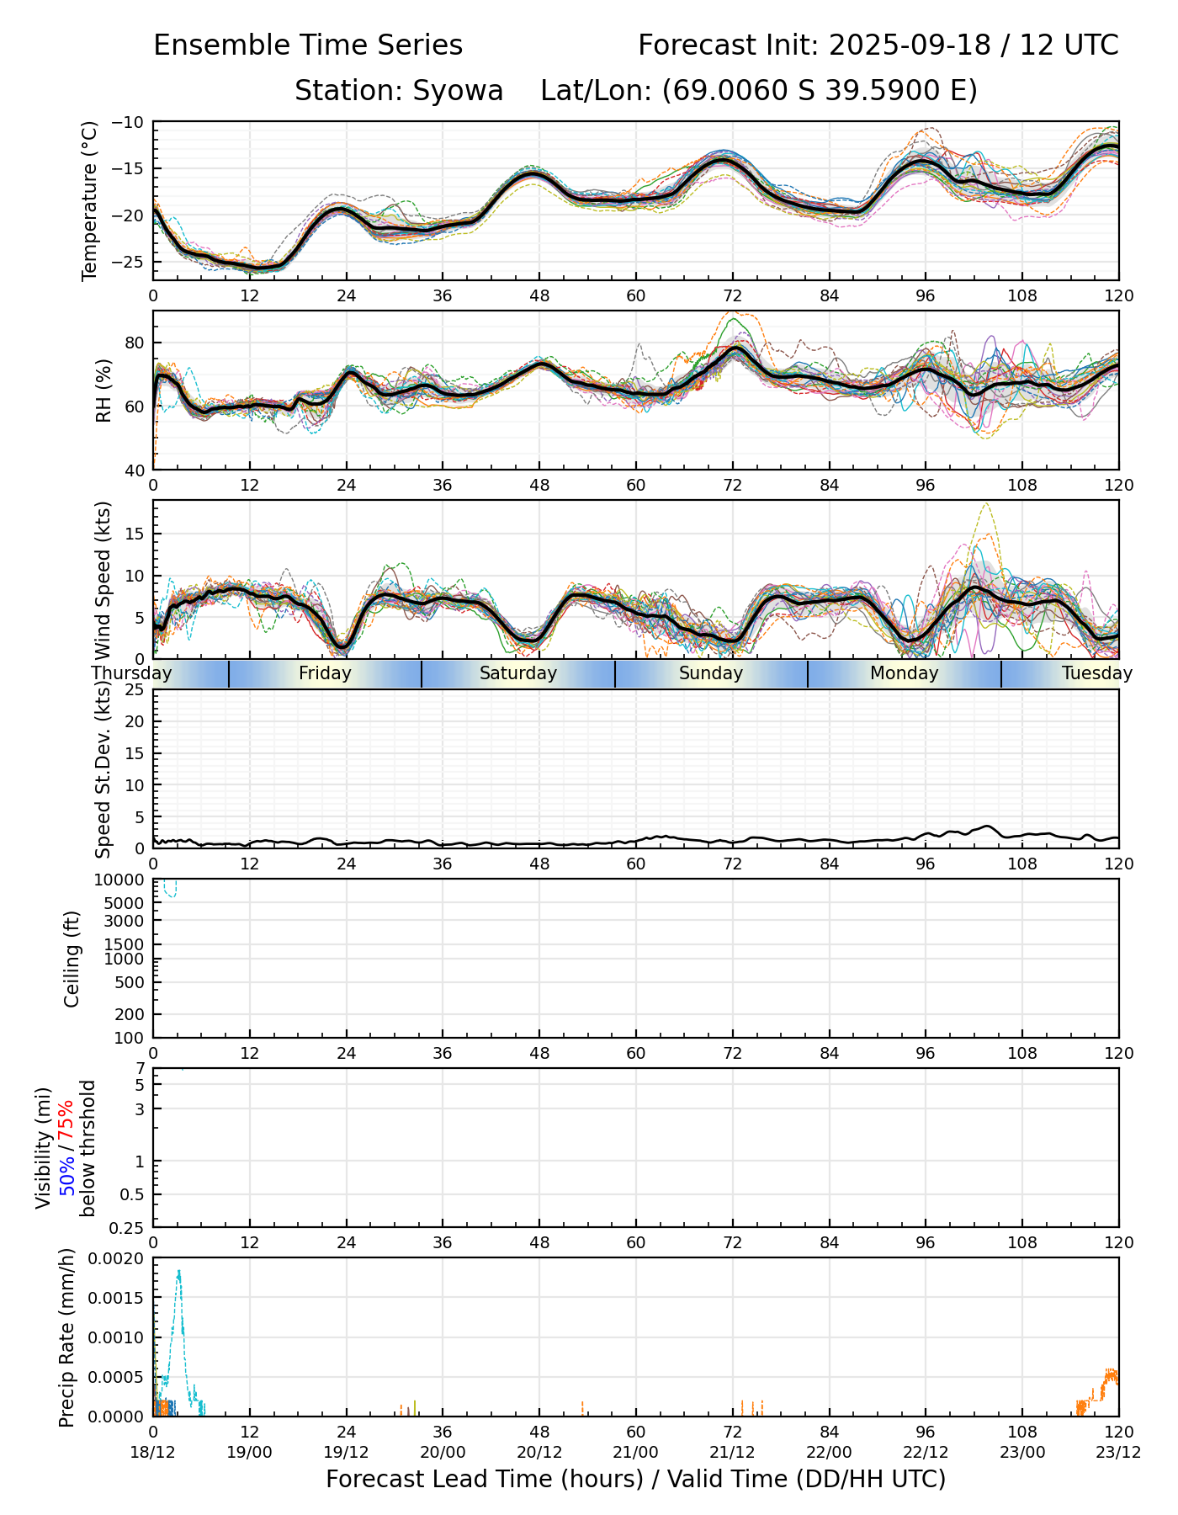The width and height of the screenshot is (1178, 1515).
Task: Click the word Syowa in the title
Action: pos(457,90)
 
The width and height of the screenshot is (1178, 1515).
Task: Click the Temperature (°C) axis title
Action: pos(90,200)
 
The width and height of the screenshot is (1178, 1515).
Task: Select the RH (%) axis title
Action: pos(103,391)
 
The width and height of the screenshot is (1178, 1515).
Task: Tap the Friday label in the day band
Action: pos(325,673)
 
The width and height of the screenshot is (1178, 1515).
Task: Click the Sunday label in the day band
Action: pos(711,673)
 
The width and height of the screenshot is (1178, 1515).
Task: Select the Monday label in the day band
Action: pos(904,673)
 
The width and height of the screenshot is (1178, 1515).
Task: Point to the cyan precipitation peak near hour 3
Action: pos(178,1273)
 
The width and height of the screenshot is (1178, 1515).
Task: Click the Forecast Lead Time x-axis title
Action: pos(635,1479)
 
